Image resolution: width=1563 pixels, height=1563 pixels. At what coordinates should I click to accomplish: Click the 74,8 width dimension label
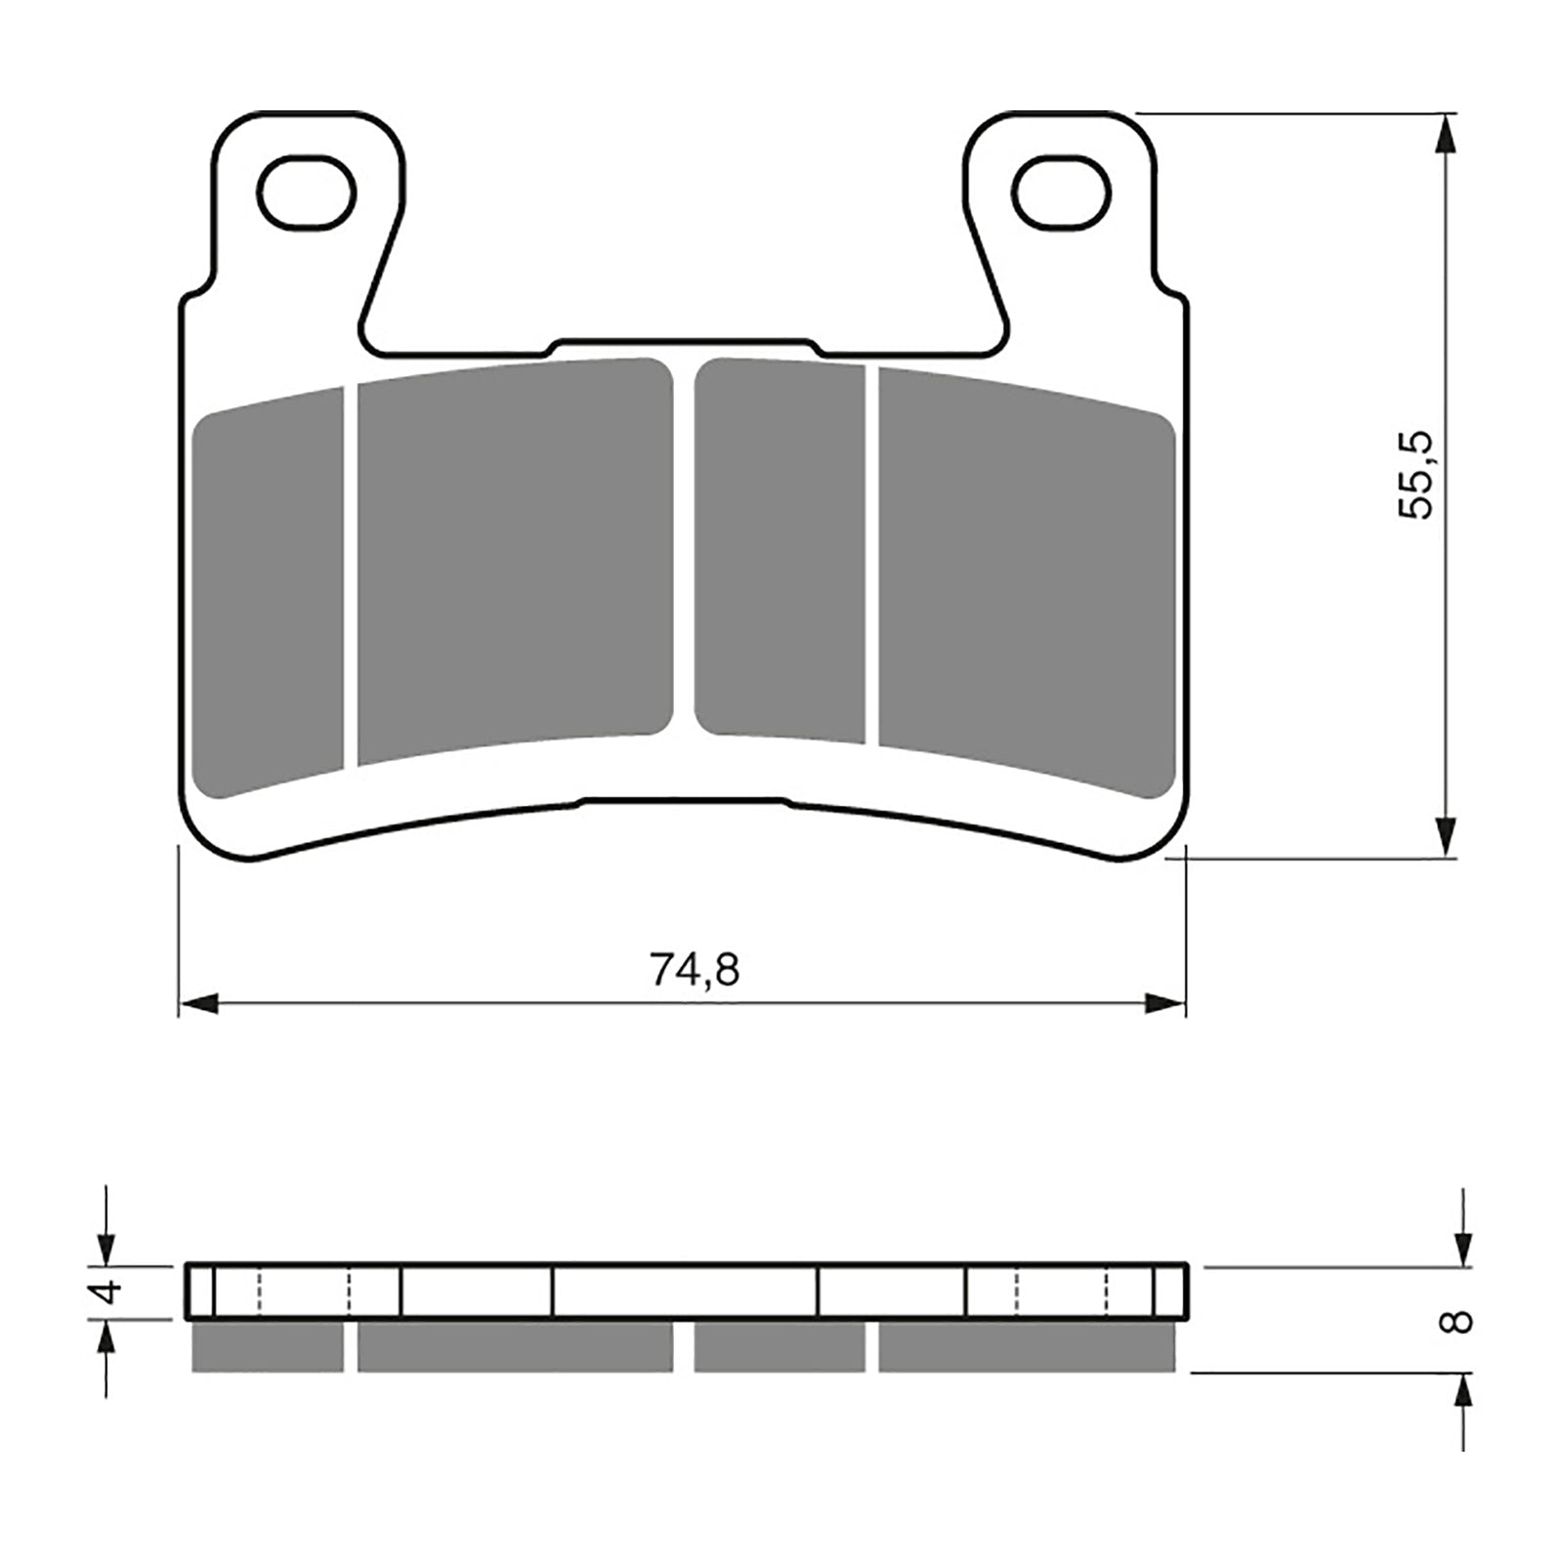(x=694, y=970)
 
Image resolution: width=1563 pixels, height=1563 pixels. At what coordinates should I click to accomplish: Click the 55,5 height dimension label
(x=1415, y=475)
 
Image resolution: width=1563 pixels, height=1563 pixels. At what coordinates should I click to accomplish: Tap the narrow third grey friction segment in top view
(x=780, y=549)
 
